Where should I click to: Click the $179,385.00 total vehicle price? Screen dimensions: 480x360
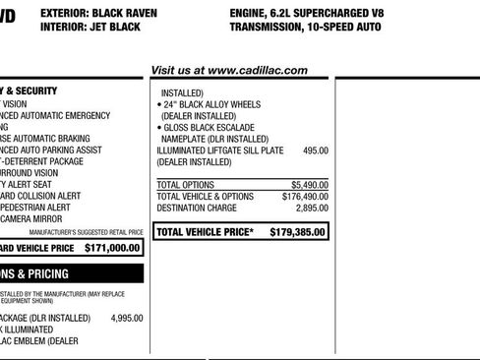point(299,233)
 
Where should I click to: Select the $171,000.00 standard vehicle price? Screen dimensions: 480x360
point(111,249)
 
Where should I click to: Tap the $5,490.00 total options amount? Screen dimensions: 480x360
point(309,184)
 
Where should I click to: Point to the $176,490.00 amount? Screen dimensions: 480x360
point(305,196)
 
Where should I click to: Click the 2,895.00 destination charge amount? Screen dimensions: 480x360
point(311,208)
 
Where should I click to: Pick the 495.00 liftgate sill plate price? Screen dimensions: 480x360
point(315,150)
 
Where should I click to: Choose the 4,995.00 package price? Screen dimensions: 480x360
point(126,318)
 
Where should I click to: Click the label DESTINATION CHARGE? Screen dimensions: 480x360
point(197,208)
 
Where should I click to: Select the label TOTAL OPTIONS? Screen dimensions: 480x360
point(186,184)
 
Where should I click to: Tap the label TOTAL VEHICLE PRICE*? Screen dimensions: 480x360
point(206,233)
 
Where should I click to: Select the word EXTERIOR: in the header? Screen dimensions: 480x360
point(67,13)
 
